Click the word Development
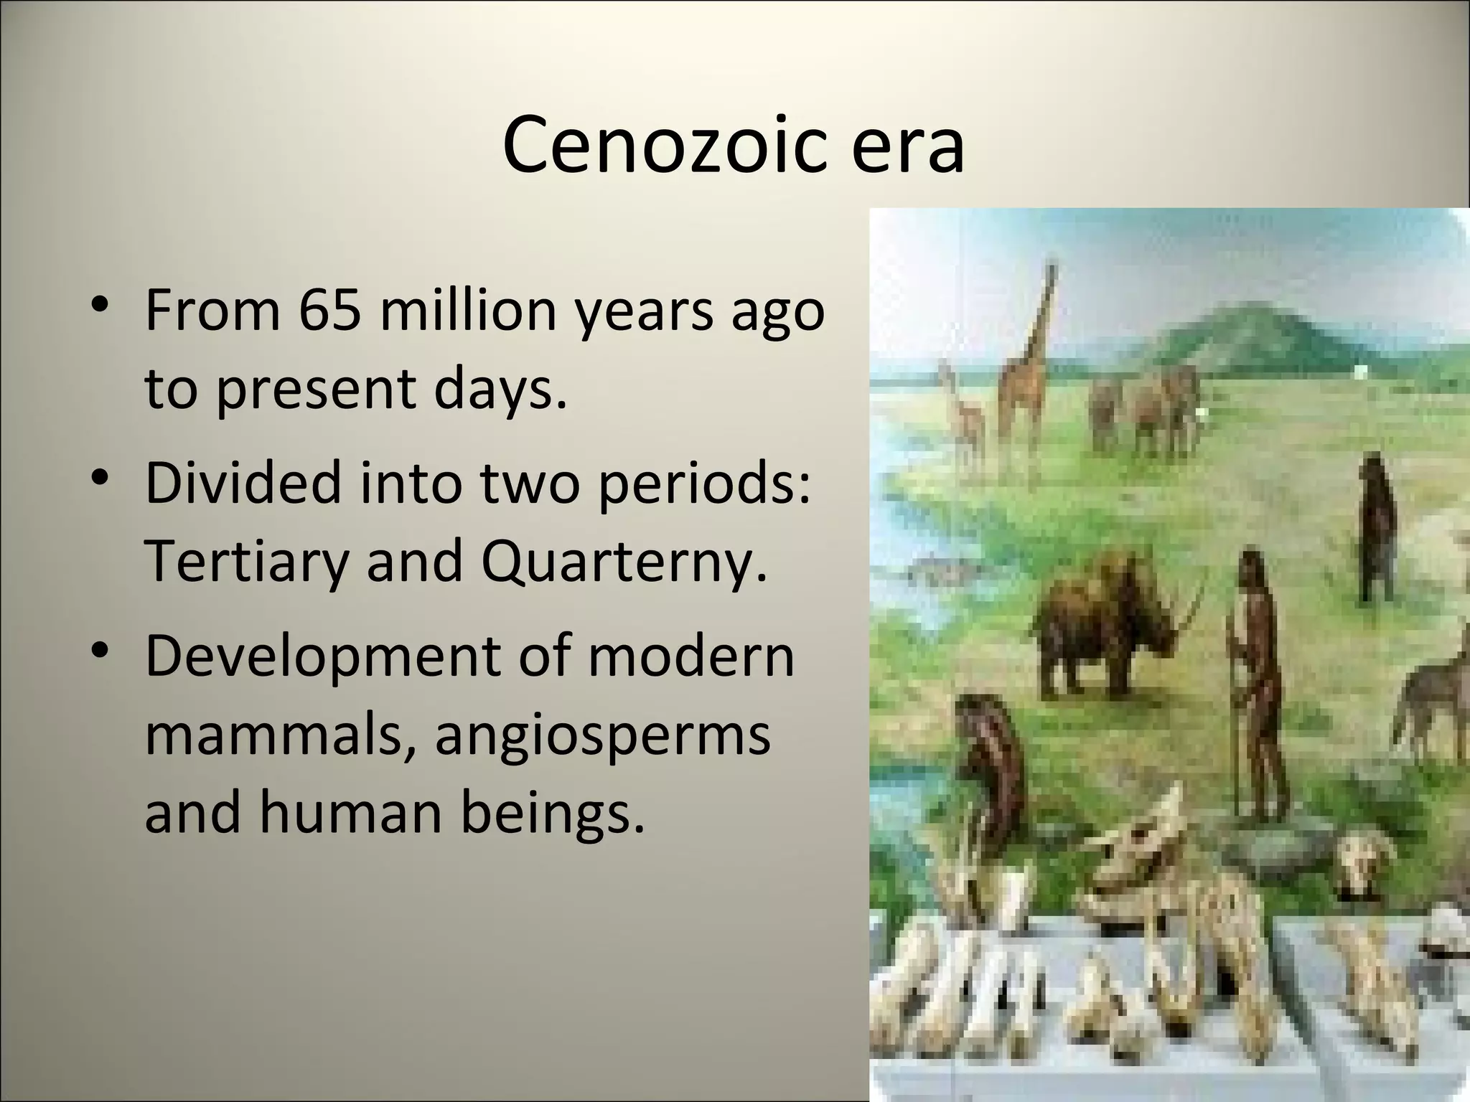coord(319,654)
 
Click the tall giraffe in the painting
coord(1026,373)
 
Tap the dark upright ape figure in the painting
coord(1375,531)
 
